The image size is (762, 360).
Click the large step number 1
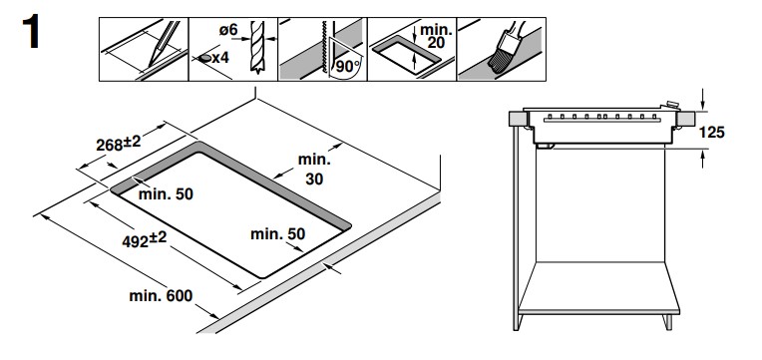click(x=30, y=32)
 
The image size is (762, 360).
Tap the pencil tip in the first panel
click(x=151, y=65)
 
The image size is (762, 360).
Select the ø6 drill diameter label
click(x=228, y=30)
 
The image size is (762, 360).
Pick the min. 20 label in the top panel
click(x=436, y=36)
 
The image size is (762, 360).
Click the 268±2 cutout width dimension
click(x=119, y=144)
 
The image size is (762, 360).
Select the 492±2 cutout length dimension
click(x=145, y=239)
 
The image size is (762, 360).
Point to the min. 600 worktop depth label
click(x=161, y=295)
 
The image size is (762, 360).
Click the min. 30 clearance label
click(x=314, y=170)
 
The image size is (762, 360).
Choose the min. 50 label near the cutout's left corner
click(x=166, y=194)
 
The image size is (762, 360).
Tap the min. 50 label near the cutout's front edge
click(x=278, y=234)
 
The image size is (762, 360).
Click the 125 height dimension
click(x=711, y=133)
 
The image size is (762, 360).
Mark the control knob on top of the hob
click(x=671, y=105)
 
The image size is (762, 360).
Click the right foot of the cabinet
click(x=668, y=322)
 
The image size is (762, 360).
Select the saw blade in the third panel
click(x=323, y=47)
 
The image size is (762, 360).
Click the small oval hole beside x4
click(x=204, y=58)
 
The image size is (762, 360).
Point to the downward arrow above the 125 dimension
click(x=703, y=99)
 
